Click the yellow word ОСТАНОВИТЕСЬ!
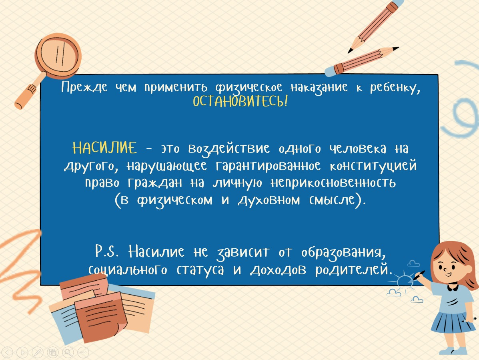tap(240, 101)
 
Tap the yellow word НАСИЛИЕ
tap(105, 148)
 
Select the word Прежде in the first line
tap(84, 87)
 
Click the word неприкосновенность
tap(333, 183)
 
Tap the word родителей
tap(353, 269)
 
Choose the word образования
tap(344, 253)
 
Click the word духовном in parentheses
tap(269, 201)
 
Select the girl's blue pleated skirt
tap(451, 322)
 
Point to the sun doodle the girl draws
tap(404, 280)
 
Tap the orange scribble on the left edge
tap(20, 269)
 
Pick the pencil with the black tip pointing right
tap(362, 61)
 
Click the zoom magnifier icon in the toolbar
tap(68, 353)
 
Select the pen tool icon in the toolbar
tap(38, 353)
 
